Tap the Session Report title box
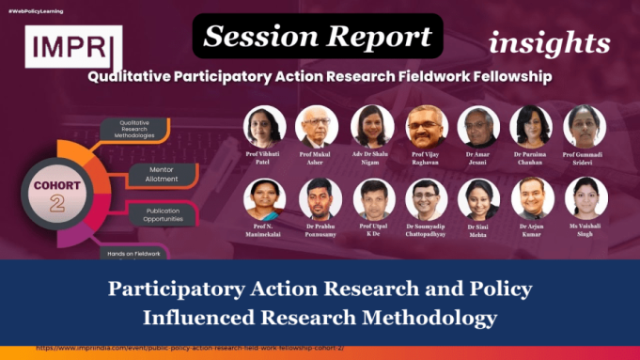(318, 37)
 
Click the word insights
(549, 42)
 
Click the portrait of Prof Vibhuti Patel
(264, 127)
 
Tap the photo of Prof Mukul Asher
(318, 127)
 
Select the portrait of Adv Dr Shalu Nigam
(372, 127)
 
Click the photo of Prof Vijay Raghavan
(426, 127)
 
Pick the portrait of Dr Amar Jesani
(478, 127)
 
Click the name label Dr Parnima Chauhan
(531, 157)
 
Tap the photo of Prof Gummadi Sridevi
(585, 127)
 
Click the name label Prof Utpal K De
(372, 229)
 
